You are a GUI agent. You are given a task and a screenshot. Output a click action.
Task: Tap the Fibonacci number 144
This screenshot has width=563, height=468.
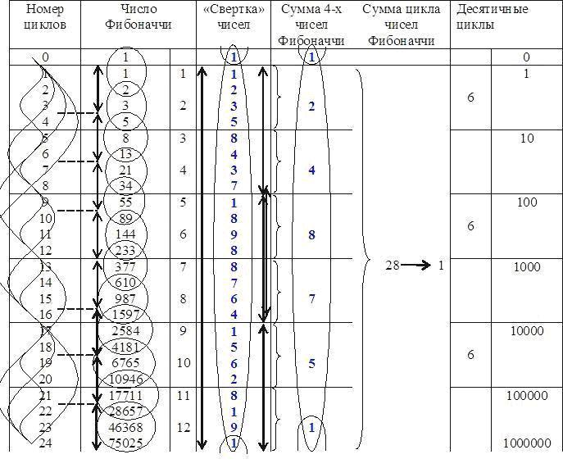[x=125, y=234]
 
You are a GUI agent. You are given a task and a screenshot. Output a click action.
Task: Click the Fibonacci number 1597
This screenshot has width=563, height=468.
[x=125, y=314]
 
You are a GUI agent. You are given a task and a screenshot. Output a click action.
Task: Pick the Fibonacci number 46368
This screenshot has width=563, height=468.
[x=125, y=427]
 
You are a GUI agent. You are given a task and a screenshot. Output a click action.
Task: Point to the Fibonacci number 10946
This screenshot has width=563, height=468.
[x=125, y=379]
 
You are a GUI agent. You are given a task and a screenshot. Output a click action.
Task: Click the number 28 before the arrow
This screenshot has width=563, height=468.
[x=393, y=266]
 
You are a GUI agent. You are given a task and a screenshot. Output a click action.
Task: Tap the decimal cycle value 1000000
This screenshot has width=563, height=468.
[x=528, y=443]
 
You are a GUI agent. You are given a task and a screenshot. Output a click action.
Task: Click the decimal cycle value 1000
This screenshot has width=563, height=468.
[x=527, y=267]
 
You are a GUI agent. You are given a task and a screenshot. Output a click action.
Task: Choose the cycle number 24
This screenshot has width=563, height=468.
[x=46, y=443]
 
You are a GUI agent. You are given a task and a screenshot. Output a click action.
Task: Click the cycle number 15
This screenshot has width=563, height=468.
[x=46, y=298]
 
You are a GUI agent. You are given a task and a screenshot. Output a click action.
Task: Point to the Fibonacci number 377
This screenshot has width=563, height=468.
[x=125, y=266]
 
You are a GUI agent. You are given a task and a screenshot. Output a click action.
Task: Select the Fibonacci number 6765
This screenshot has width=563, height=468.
[x=125, y=362]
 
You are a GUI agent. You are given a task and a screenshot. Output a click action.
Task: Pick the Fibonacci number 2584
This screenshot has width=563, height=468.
[x=125, y=330]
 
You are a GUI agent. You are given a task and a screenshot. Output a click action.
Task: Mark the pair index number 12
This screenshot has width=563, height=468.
[x=183, y=427]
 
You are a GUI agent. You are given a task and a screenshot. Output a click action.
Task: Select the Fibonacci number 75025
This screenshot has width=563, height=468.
[x=125, y=443]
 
